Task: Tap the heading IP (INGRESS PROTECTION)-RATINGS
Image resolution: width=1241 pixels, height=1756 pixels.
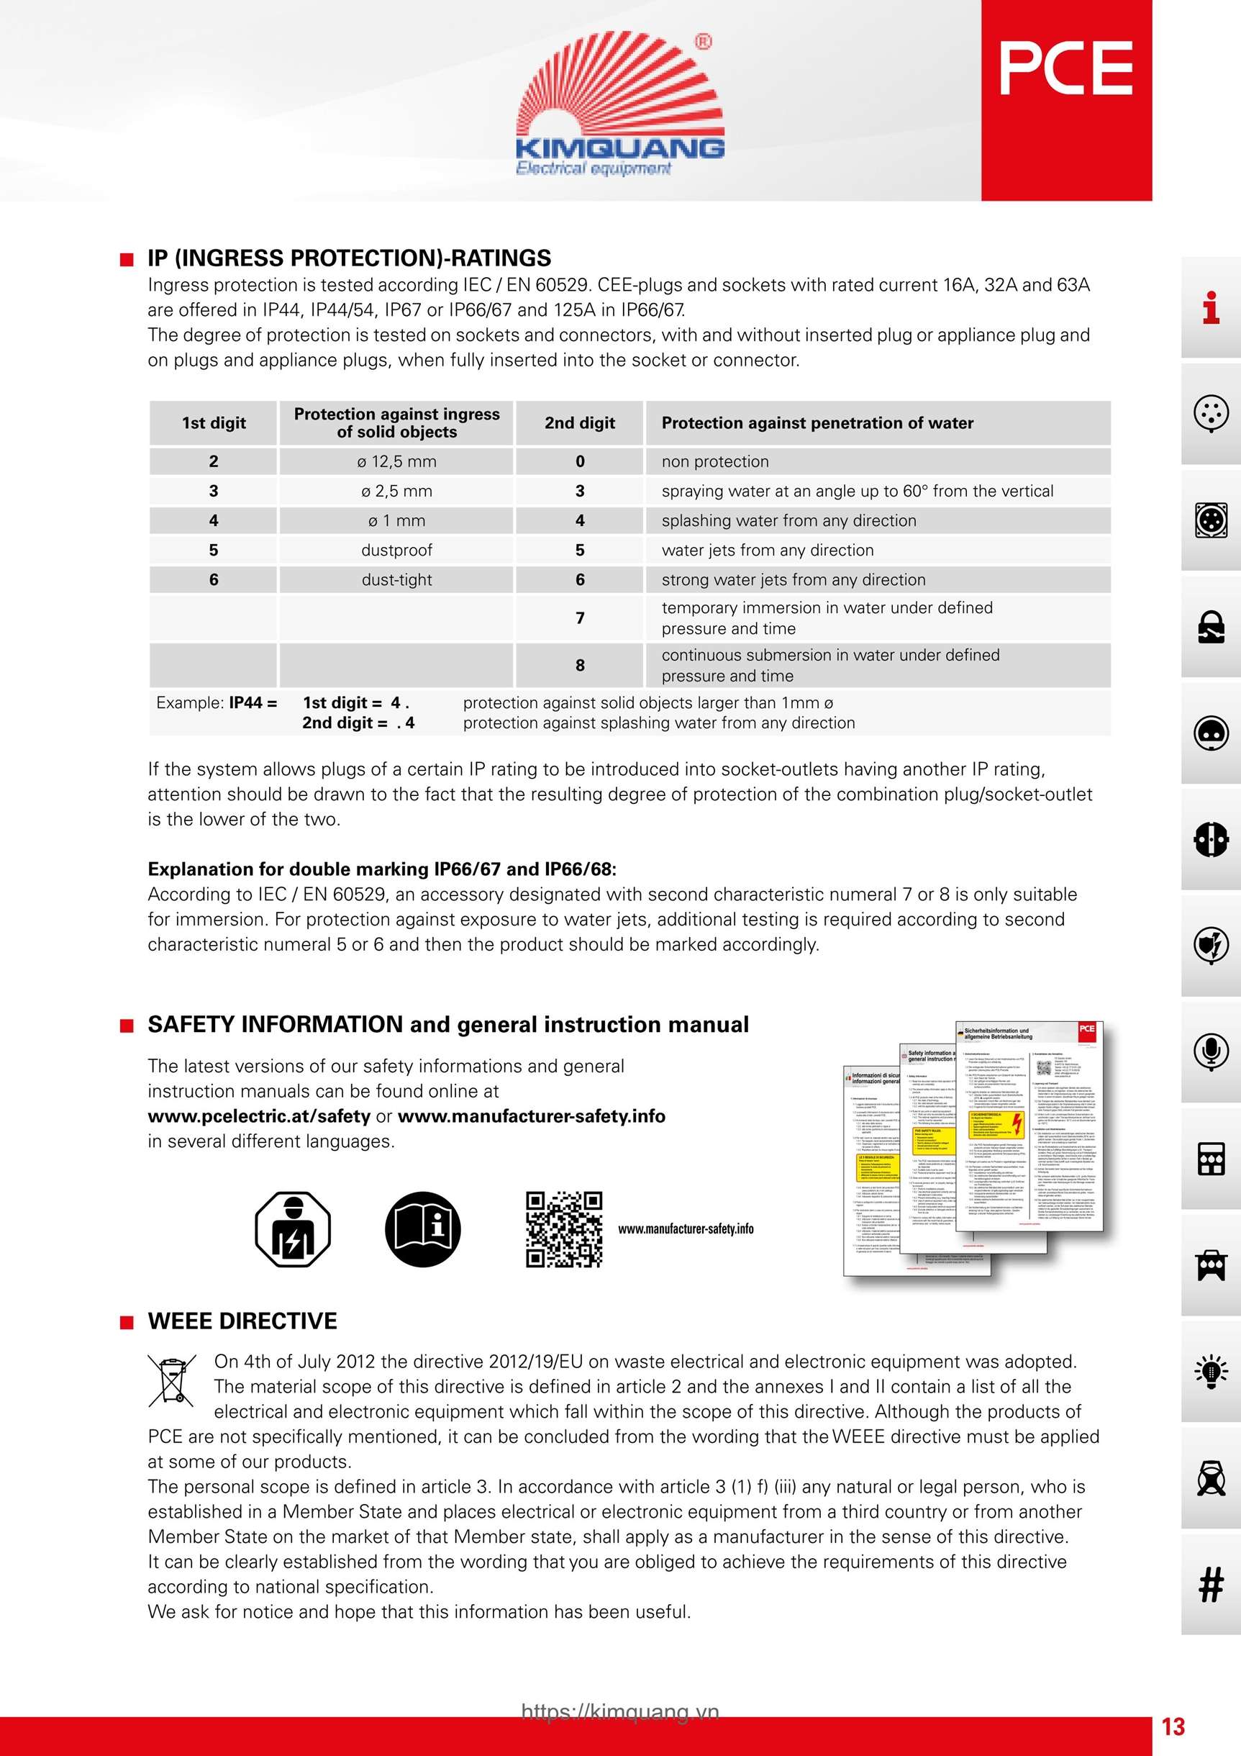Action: coord(349,258)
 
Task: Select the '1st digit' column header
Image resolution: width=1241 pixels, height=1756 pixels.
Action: coord(214,423)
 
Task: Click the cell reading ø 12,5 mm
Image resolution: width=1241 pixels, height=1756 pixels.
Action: coord(396,461)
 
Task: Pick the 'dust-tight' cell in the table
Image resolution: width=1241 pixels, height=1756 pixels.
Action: coord(396,580)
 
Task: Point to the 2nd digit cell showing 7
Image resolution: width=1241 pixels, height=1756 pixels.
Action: coord(580,618)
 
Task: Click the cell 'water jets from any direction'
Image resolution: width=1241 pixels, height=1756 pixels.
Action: coord(767,550)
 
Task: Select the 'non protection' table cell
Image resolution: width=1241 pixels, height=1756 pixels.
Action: coord(715,461)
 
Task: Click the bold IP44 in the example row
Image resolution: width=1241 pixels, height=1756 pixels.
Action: coord(245,703)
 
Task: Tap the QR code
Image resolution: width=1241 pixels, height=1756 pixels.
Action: coord(563,1229)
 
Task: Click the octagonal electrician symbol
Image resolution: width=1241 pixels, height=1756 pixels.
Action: coord(292,1229)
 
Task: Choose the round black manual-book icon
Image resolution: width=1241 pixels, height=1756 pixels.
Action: coord(422,1229)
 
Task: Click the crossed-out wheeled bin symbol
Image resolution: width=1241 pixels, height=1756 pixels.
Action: coord(171,1380)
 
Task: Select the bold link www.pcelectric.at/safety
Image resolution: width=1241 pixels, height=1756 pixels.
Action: coord(258,1116)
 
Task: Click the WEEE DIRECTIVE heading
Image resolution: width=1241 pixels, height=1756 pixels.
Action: coord(242,1321)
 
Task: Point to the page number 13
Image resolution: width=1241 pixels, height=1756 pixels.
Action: coord(1173,1726)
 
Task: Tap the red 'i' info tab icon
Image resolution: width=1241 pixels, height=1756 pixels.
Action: coord(1210,308)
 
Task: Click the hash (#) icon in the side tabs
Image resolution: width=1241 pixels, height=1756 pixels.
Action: coord(1210,1584)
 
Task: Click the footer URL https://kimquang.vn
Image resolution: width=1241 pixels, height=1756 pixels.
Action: coord(620,1711)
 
